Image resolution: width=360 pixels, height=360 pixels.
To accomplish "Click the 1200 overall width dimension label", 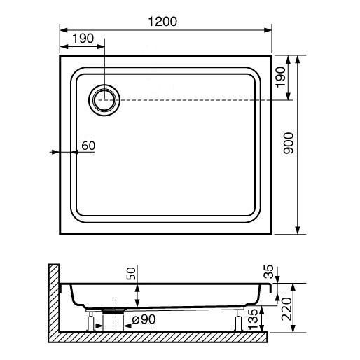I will pyautogui.click(x=162, y=21).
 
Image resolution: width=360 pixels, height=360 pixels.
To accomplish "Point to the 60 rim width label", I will pyautogui.click(x=88, y=146).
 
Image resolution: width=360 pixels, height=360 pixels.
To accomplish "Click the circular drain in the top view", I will pyautogui.click(x=104, y=100).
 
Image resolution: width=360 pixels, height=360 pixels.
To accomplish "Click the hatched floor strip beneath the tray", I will pyautogui.click(x=161, y=337).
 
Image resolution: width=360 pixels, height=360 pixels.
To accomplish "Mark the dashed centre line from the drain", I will pyautogui.click(x=196, y=100).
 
